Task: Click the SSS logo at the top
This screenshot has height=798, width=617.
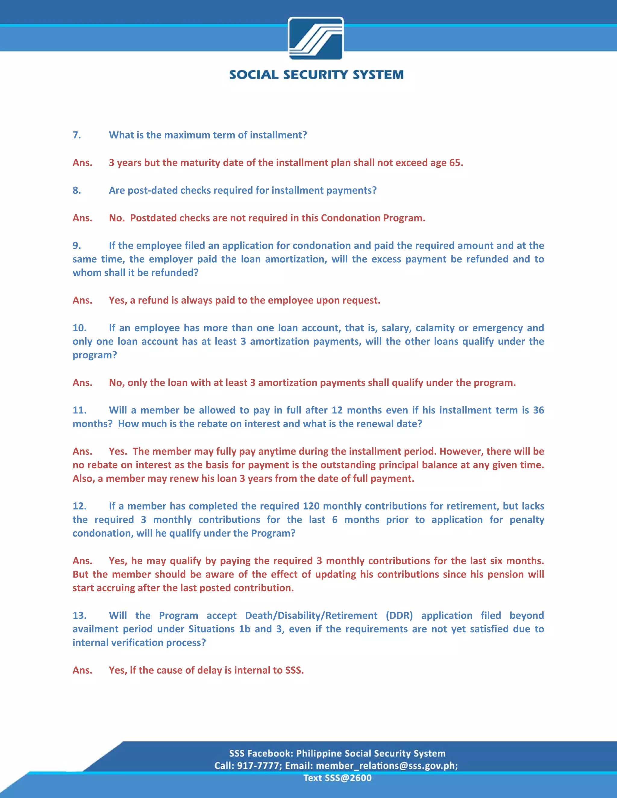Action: pyautogui.click(x=316, y=38)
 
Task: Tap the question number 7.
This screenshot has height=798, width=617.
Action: pyautogui.click(x=77, y=135)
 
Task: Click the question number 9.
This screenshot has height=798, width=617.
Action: pyautogui.click(x=77, y=245)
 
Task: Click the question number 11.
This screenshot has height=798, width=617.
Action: pyautogui.click(x=79, y=410)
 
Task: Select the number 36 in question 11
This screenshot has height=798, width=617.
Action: pyautogui.click(x=538, y=410)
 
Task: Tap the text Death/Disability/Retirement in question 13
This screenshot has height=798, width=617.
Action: pyautogui.click(x=311, y=616)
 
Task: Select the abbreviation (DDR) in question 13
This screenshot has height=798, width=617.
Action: pyautogui.click(x=399, y=616)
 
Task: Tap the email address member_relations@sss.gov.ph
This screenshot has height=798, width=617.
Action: pyautogui.click(x=386, y=765)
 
